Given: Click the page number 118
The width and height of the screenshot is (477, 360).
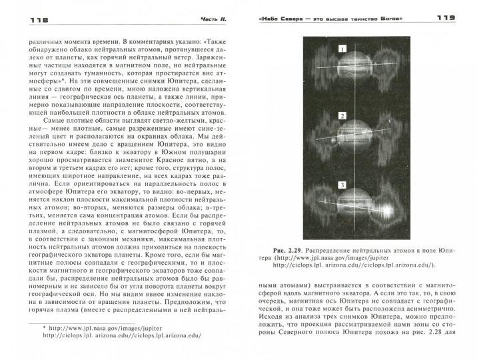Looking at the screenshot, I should click(22, 21).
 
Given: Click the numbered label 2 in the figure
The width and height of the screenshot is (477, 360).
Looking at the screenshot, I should click(342, 116).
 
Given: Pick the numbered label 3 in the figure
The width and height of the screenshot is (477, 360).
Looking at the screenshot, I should click(342, 185).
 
